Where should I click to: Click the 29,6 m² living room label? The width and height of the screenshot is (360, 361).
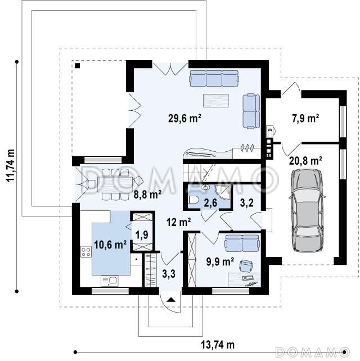click(x=184, y=118)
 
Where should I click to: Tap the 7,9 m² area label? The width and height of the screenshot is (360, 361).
click(x=305, y=119)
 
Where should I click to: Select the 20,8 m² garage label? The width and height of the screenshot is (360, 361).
click(x=305, y=161)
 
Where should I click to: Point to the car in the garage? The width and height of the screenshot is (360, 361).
click(x=307, y=210)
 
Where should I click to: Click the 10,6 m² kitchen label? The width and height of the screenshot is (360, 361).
click(x=110, y=244)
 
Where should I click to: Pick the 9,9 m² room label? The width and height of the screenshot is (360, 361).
click(x=220, y=261)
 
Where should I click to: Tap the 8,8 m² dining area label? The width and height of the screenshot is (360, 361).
click(x=147, y=195)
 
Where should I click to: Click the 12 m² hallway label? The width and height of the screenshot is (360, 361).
click(x=178, y=222)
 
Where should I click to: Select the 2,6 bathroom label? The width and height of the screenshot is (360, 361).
click(x=210, y=203)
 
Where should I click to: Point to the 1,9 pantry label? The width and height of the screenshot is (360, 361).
click(x=142, y=234)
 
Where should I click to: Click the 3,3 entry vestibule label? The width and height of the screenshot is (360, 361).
click(x=169, y=274)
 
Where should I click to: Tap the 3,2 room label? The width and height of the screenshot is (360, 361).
click(x=247, y=203)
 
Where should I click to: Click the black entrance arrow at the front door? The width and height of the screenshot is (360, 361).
click(x=171, y=300)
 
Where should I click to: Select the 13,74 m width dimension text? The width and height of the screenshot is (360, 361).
click(x=218, y=345)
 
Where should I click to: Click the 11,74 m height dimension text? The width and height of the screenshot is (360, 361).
click(x=10, y=165)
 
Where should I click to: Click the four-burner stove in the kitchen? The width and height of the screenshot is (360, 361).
click(x=86, y=252)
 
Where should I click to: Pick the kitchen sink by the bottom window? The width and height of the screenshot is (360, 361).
click(x=109, y=281)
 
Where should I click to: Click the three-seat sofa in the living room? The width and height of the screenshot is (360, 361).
click(x=214, y=78)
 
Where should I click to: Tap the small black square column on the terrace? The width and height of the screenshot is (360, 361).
click(x=78, y=65)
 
